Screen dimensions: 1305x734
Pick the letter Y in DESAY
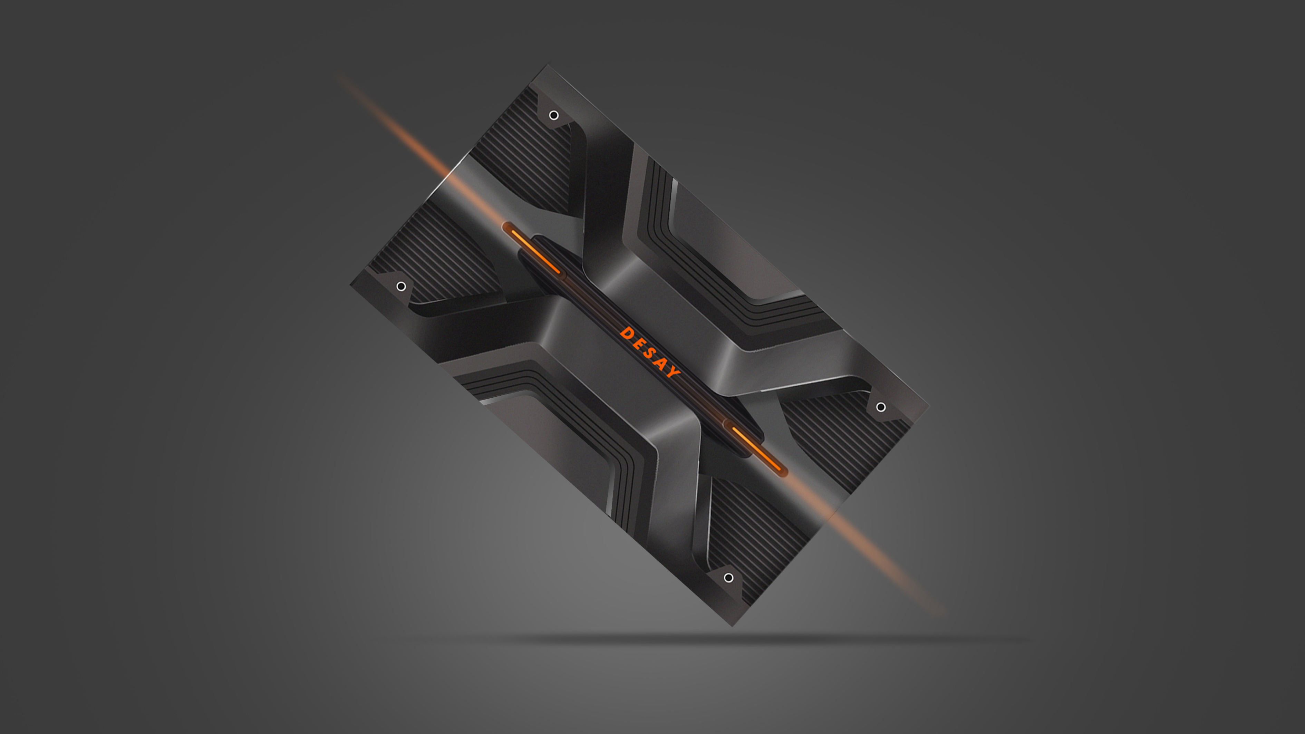click(674, 372)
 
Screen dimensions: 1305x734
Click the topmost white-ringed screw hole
click(554, 116)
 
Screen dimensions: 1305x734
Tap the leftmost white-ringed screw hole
click(401, 287)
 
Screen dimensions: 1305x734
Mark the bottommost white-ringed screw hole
click(728, 578)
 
